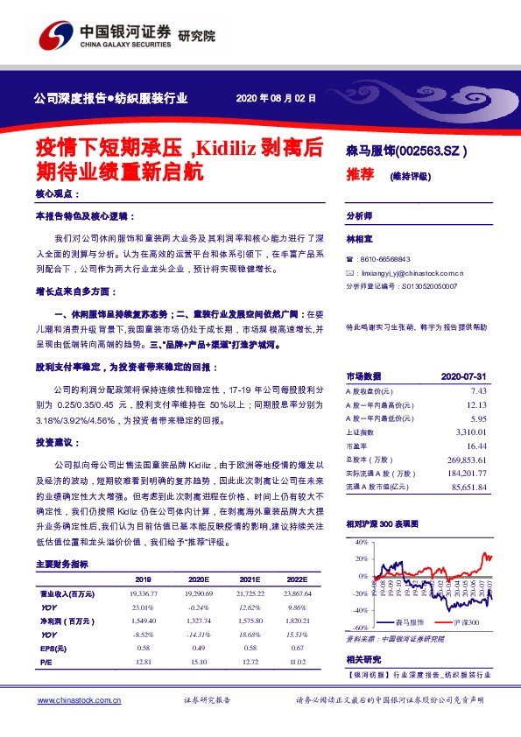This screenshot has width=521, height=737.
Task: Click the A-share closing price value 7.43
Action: pyautogui.click(x=478, y=390)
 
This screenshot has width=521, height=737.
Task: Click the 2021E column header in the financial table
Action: pyautogui.click(x=251, y=579)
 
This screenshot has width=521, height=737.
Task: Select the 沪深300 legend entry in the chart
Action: pyautogui.click(x=468, y=621)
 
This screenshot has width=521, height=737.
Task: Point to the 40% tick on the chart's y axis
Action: pyautogui.click(x=362, y=544)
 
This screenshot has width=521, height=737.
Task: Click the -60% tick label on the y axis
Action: pyautogui.click(x=361, y=628)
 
